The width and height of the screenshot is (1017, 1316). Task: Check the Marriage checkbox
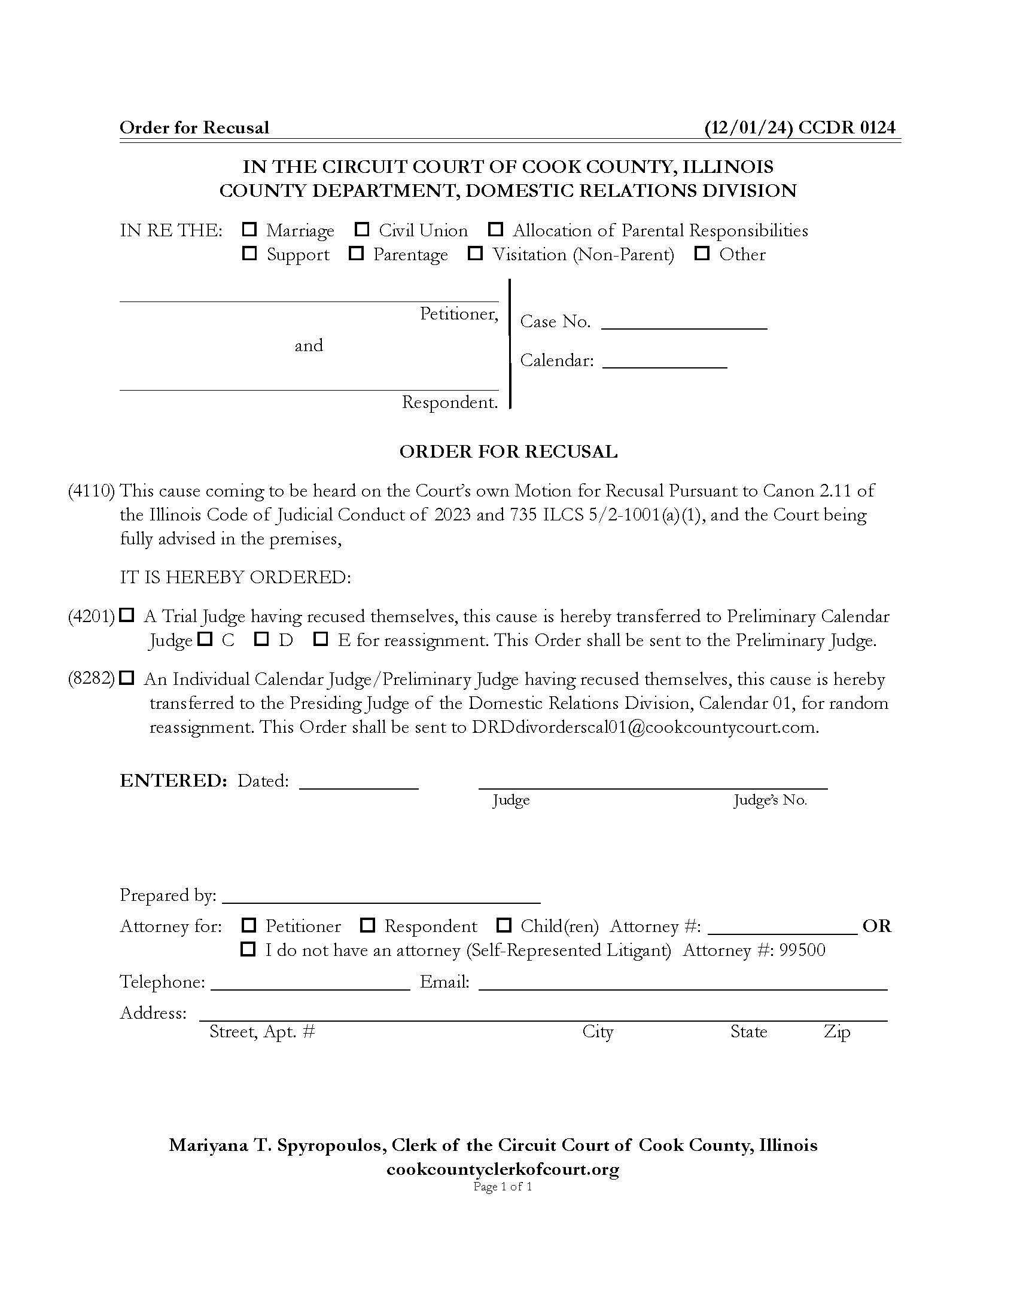[249, 230]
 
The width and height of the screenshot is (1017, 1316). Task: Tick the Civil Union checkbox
[362, 230]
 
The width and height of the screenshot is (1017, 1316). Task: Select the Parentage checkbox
[356, 254]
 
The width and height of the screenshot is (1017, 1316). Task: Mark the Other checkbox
[701, 254]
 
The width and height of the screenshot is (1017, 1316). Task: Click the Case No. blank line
[684, 323]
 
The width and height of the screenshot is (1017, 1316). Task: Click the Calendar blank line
[665, 362]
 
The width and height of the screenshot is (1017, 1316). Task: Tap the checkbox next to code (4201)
[126, 615]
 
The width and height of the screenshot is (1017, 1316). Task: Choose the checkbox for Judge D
[261, 639]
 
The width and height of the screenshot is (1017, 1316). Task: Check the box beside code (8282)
[126, 678]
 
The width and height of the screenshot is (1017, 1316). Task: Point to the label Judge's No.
[770, 800]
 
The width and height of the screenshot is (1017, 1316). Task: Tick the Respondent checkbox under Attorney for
[367, 925]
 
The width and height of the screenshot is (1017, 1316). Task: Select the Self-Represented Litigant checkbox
[248, 950]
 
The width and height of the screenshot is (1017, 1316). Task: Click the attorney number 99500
[802, 951]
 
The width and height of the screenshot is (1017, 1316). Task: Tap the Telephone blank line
[310, 983]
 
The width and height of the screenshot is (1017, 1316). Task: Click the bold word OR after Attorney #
[876, 926]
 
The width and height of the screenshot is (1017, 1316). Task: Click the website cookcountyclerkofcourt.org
[503, 1169]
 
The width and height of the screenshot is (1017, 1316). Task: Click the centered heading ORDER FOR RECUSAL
[508, 452]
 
